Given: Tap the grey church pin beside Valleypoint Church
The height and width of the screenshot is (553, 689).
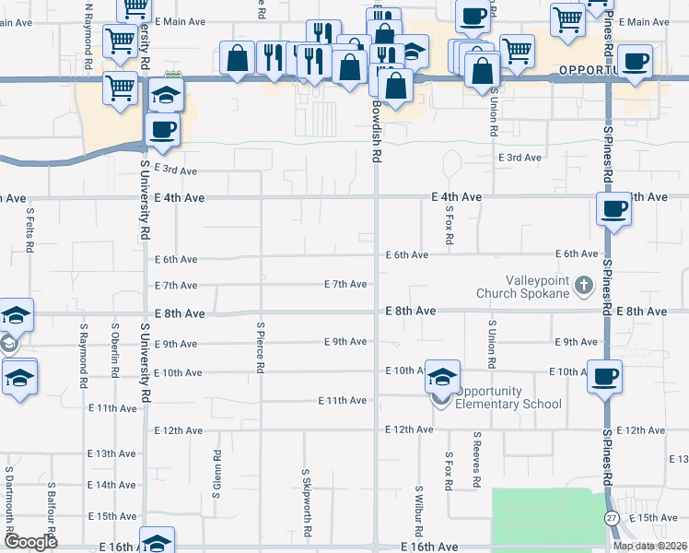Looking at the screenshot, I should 583,287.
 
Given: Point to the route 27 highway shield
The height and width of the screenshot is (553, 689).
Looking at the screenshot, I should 613,518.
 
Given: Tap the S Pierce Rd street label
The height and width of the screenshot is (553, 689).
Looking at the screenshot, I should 262,347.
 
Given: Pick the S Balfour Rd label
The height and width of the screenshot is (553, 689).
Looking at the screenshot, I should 52,508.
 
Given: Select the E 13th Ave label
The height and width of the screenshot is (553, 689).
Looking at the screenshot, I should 112,454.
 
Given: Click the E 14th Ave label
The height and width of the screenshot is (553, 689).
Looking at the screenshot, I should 112,485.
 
